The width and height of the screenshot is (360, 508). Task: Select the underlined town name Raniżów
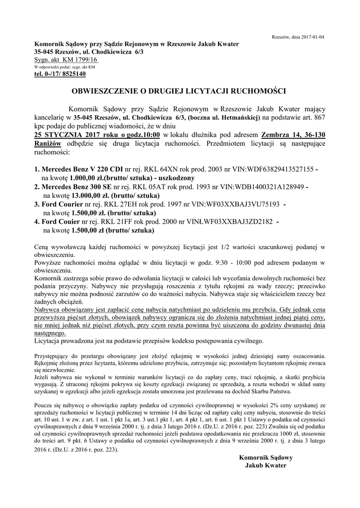point(48,143)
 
